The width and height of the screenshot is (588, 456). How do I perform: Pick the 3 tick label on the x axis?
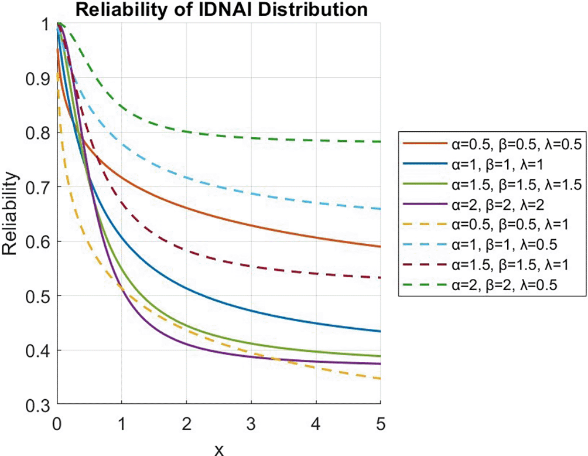(x=251, y=423)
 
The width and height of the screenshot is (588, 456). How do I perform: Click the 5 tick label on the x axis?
(x=381, y=423)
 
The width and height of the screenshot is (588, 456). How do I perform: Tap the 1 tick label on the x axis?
(x=122, y=423)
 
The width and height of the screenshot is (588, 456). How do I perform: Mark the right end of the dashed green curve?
(x=381, y=142)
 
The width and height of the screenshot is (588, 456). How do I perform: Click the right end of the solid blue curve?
(x=381, y=331)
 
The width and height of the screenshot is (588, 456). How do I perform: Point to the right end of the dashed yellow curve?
(x=381, y=379)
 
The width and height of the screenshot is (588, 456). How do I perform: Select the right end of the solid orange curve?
(x=381, y=247)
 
